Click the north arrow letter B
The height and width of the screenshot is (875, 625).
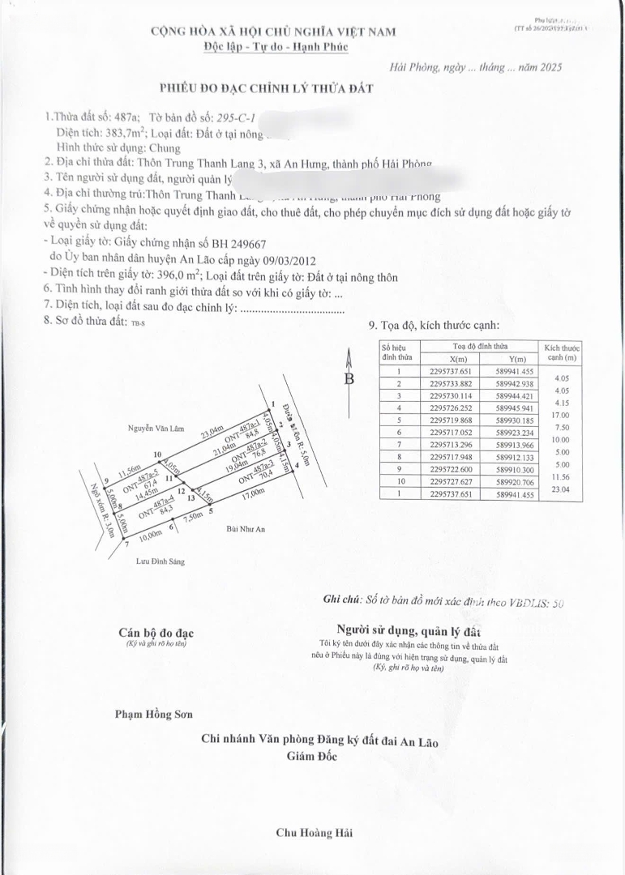point(349,378)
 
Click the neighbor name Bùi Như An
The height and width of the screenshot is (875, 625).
point(246,529)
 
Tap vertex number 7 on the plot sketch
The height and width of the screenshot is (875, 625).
point(126,544)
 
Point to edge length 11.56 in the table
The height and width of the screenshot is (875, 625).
point(561,476)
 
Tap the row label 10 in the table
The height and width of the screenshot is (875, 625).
point(398,482)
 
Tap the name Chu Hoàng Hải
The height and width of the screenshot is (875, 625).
point(314,832)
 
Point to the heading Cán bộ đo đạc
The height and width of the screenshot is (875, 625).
point(156,633)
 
